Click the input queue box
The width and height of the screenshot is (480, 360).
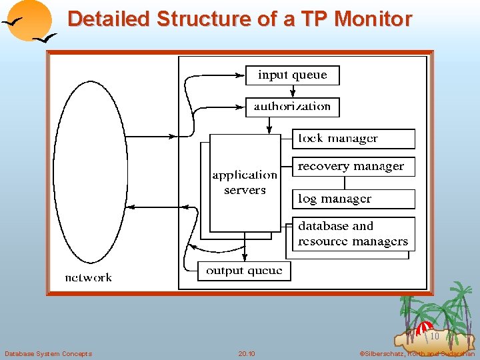click(x=292, y=75)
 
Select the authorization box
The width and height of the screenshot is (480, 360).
click(x=292, y=107)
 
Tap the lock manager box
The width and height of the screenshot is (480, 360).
click(x=353, y=139)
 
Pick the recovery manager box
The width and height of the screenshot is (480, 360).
click(x=353, y=167)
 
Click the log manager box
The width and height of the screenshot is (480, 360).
click(x=353, y=199)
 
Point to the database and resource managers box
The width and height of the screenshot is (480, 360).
click(x=353, y=234)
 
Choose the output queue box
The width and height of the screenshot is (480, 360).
click(x=244, y=271)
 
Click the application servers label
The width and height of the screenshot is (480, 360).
click(x=245, y=183)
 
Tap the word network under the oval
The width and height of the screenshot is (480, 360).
click(x=88, y=277)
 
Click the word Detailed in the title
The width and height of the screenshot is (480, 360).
click(x=109, y=19)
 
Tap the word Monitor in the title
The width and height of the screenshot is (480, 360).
click(x=373, y=19)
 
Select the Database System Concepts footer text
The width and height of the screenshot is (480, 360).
click(x=48, y=353)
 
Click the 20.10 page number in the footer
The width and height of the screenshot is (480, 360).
click(x=247, y=353)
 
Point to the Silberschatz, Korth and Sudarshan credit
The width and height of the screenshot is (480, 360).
click(x=417, y=353)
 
